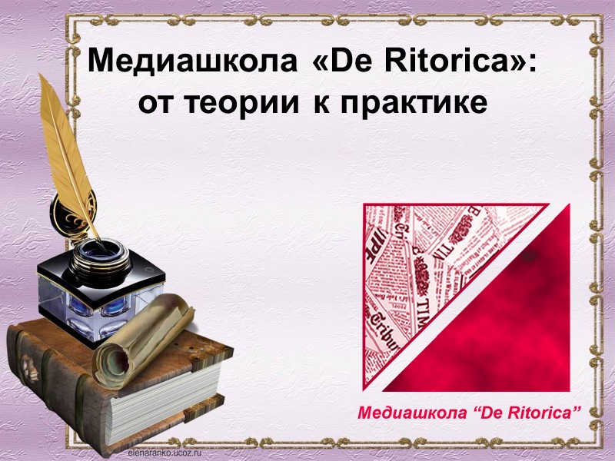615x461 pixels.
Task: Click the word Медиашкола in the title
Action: pyautogui.click(x=193, y=61)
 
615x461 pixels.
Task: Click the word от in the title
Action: pyautogui.click(x=157, y=101)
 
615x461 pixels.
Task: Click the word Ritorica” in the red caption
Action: pyautogui.click(x=543, y=413)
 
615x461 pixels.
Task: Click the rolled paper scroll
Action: pyautogui.click(x=146, y=338)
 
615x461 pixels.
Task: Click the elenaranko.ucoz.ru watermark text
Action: pyautogui.click(x=162, y=455)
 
